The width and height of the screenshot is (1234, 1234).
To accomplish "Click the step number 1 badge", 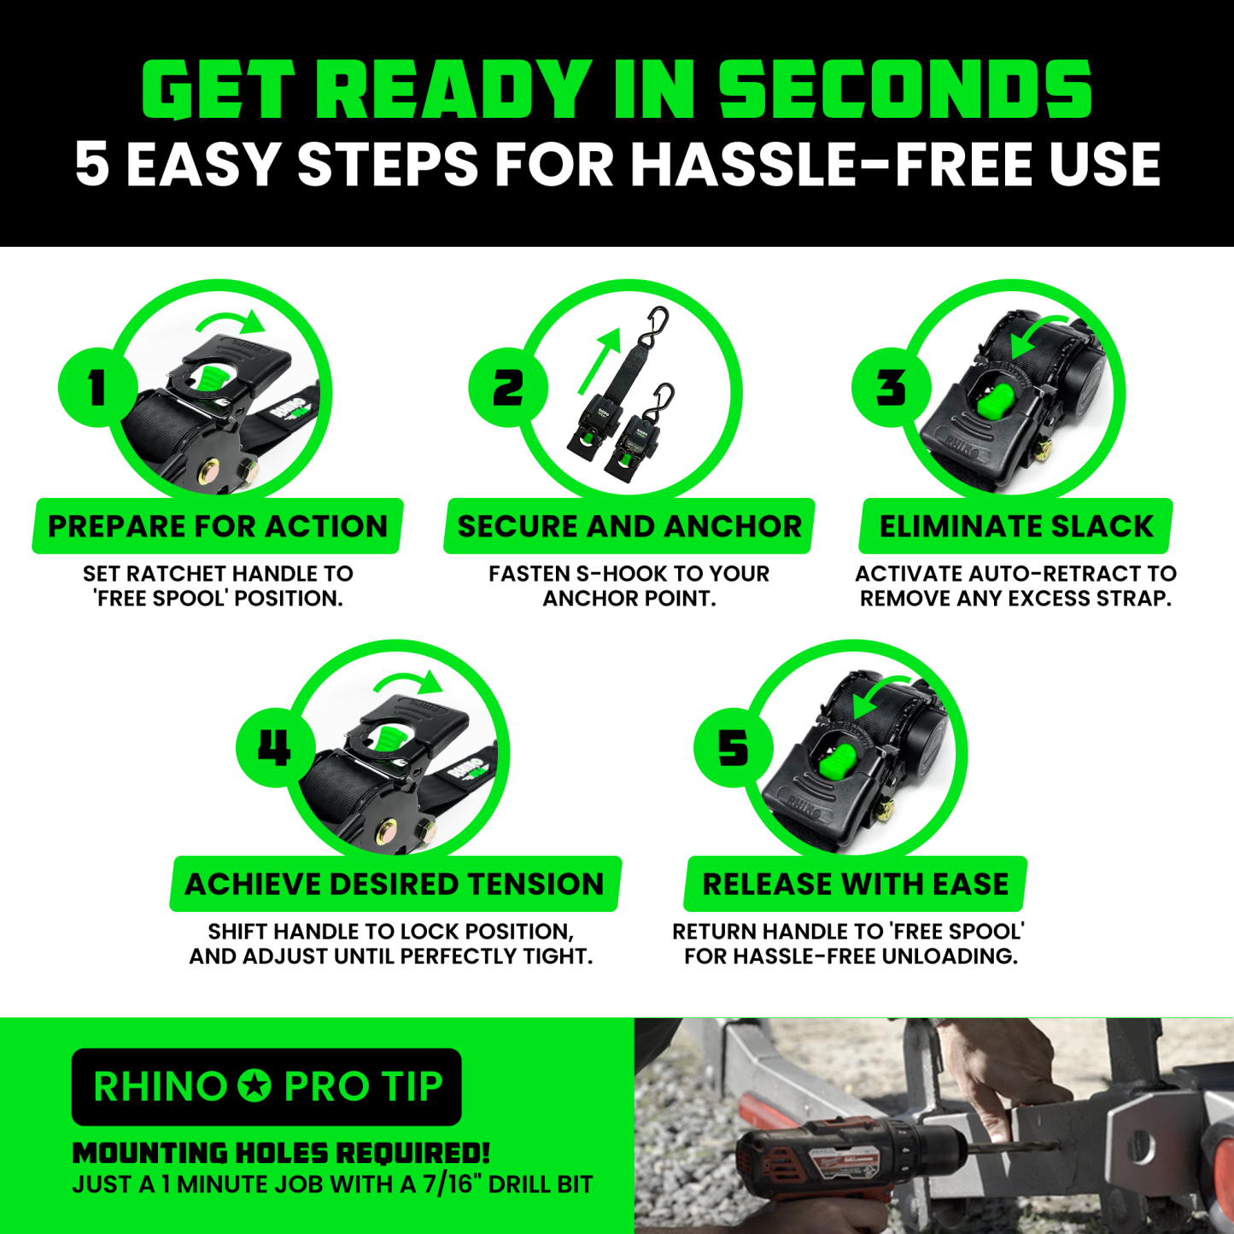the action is (98, 388).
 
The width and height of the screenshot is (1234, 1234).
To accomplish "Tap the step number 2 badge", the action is (508, 388).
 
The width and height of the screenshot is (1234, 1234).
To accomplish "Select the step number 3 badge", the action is (892, 388).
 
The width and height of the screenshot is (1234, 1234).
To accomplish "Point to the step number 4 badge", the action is (276, 747).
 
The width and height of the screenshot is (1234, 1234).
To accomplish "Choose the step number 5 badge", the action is (734, 747).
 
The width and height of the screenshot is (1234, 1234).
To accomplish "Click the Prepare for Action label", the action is (218, 526).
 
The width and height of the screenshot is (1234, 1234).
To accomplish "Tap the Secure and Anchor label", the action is (629, 526).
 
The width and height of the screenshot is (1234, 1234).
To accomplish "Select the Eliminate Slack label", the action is (1015, 526).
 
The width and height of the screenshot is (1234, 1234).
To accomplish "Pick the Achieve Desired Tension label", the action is (395, 884).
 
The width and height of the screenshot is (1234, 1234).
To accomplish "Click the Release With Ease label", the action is (856, 884).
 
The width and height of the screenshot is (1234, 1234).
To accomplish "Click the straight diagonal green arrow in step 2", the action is (599, 361).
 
